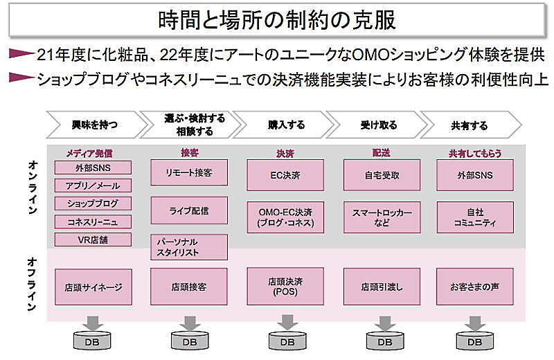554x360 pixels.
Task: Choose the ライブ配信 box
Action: (x=189, y=210)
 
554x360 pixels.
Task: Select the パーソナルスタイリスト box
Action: (x=189, y=247)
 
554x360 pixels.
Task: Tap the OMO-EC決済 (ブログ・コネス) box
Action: (x=285, y=217)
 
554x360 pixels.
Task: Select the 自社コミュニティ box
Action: (x=475, y=217)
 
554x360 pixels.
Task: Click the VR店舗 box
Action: (x=93, y=240)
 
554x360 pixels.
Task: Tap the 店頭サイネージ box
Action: (x=93, y=286)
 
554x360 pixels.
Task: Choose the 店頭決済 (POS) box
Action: (x=285, y=286)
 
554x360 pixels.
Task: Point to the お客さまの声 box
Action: (x=475, y=286)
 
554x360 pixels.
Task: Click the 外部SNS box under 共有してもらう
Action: (x=475, y=174)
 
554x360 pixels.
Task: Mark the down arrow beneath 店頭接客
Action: (x=188, y=323)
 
